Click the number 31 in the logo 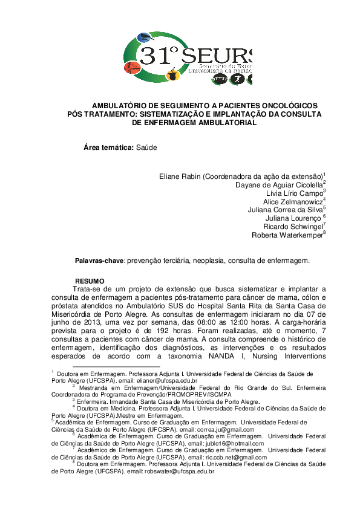(x=159, y=56)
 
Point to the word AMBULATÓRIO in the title (x=126, y=105)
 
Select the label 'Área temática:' (x=108, y=148)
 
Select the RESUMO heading (x=89, y=282)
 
